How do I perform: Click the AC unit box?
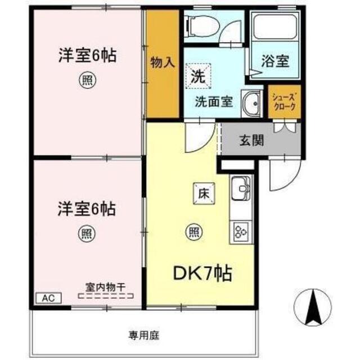(49, 298)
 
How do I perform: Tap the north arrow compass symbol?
(313, 307)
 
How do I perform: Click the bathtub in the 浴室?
(275, 27)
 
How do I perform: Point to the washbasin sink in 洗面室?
(252, 103)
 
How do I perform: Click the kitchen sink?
(241, 188)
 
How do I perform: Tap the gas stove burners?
(241, 231)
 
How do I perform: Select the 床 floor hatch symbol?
(204, 193)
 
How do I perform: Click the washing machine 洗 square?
(198, 76)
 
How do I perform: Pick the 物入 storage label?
(163, 62)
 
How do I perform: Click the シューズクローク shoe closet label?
(284, 102)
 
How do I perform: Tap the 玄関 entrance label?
(251, 140)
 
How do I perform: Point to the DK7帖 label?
(202, 273)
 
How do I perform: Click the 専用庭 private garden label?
(143, 335)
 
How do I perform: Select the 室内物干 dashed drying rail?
(106, 296)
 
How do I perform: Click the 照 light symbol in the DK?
(194, 232)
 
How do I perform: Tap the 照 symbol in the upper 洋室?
(88, 80)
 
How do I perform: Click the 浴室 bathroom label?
(275, 61)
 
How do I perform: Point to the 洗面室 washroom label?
(214, 101)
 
